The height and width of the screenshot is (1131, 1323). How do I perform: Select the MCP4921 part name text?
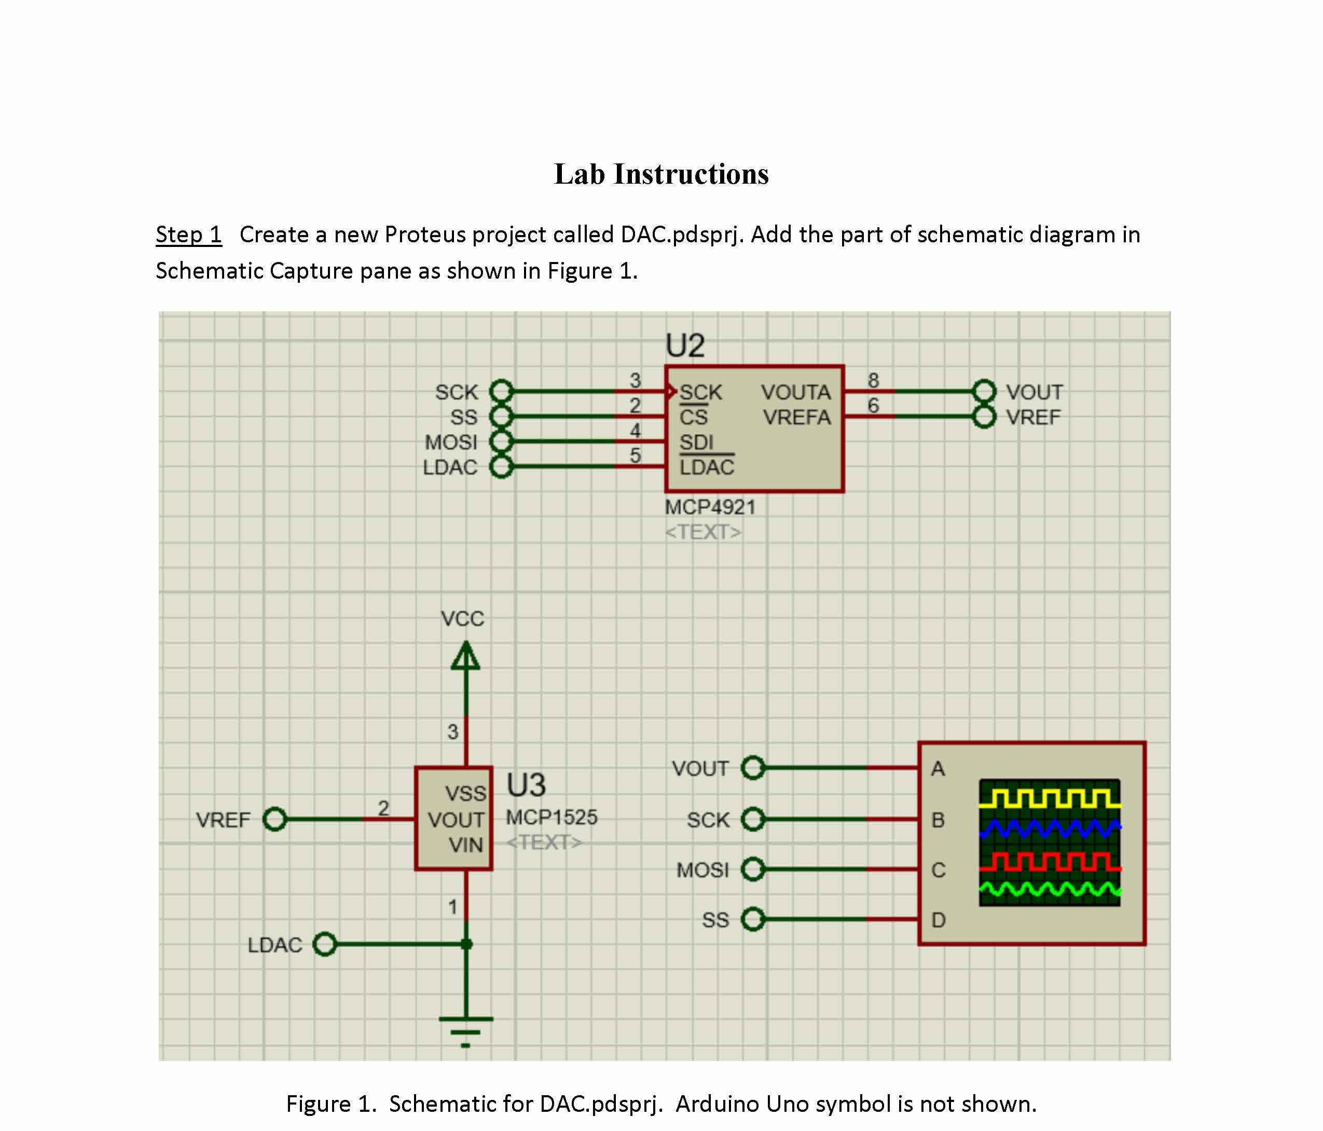710,507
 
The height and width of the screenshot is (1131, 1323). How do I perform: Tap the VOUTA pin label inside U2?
795,392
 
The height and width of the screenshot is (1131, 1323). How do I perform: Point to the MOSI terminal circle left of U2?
501,442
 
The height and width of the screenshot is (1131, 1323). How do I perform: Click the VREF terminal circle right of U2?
984,417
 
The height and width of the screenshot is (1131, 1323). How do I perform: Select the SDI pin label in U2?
696,442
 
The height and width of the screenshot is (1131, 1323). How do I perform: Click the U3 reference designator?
526,784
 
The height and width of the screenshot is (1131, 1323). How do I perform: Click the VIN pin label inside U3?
465,845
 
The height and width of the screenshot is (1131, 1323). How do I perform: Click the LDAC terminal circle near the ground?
325,944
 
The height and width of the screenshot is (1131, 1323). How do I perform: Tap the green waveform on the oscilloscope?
1049,889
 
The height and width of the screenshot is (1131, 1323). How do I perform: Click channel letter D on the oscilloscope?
938,920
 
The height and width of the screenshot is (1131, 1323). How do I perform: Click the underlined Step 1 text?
188,235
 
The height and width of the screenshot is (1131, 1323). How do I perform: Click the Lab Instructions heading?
661,174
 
